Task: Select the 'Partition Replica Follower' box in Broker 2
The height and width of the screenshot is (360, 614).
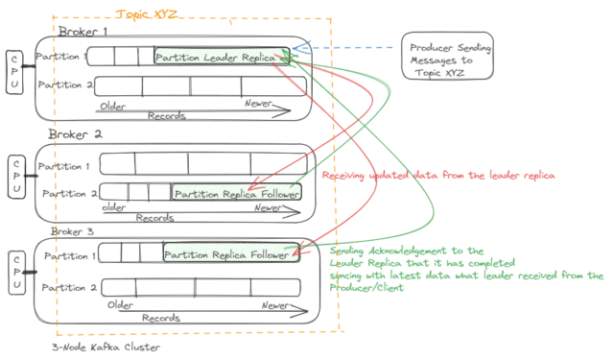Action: click(x=237, y=193)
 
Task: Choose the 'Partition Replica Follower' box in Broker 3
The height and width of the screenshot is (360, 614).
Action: click(x=227, y=254)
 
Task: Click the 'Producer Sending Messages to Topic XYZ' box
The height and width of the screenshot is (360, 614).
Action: click(x=447, y=60)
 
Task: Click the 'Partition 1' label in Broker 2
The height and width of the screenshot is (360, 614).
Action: click(x=67, y=165)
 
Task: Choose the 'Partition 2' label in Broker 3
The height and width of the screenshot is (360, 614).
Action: click(x=67, y=287)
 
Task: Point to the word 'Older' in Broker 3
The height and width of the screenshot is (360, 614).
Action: click(x=120, y=305)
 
